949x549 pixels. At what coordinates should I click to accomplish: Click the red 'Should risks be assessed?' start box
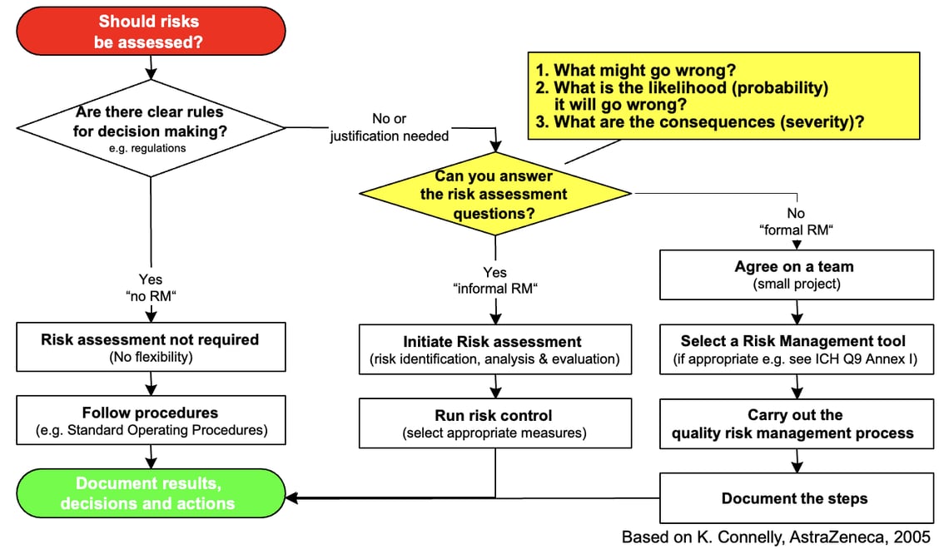click(150, 31)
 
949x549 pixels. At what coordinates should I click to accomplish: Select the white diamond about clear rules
click(150, 127)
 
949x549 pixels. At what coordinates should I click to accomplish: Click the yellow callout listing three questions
click(723, 96)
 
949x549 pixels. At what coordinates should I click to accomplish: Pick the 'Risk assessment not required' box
click(150, 348)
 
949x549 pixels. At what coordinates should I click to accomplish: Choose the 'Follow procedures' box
click(150, 421)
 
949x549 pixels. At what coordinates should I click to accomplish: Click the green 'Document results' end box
click(150, 493)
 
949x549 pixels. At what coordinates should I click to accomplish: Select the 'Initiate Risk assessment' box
click(494, 349)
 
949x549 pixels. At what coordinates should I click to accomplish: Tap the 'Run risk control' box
click(494, 423)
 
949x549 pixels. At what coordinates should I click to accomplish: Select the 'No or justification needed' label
click(389, 127)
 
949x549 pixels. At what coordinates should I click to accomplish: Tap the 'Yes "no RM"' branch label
click(150, 287)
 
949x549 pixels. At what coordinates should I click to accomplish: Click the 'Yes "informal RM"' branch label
click(494, 280)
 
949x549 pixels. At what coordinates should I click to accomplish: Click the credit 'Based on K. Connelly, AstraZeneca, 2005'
click(776, 537)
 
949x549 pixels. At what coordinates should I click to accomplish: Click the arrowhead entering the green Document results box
click(291, 498)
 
